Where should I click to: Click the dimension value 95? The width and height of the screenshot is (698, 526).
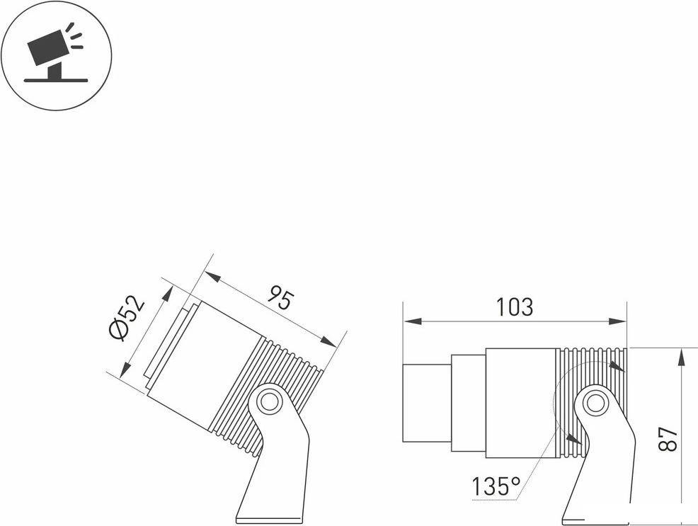click(281, 299)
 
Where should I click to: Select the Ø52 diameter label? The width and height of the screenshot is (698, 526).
click(127, 317)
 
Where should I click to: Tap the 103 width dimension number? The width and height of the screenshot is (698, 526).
click(514, 307)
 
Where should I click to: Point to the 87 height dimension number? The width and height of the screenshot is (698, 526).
click(668, 439)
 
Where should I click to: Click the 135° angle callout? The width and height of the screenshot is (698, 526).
click(496, 486)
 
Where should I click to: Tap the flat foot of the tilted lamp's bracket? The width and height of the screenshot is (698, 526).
click(270, 520)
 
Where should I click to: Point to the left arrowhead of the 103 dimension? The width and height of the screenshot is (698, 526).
click(413, 321)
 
